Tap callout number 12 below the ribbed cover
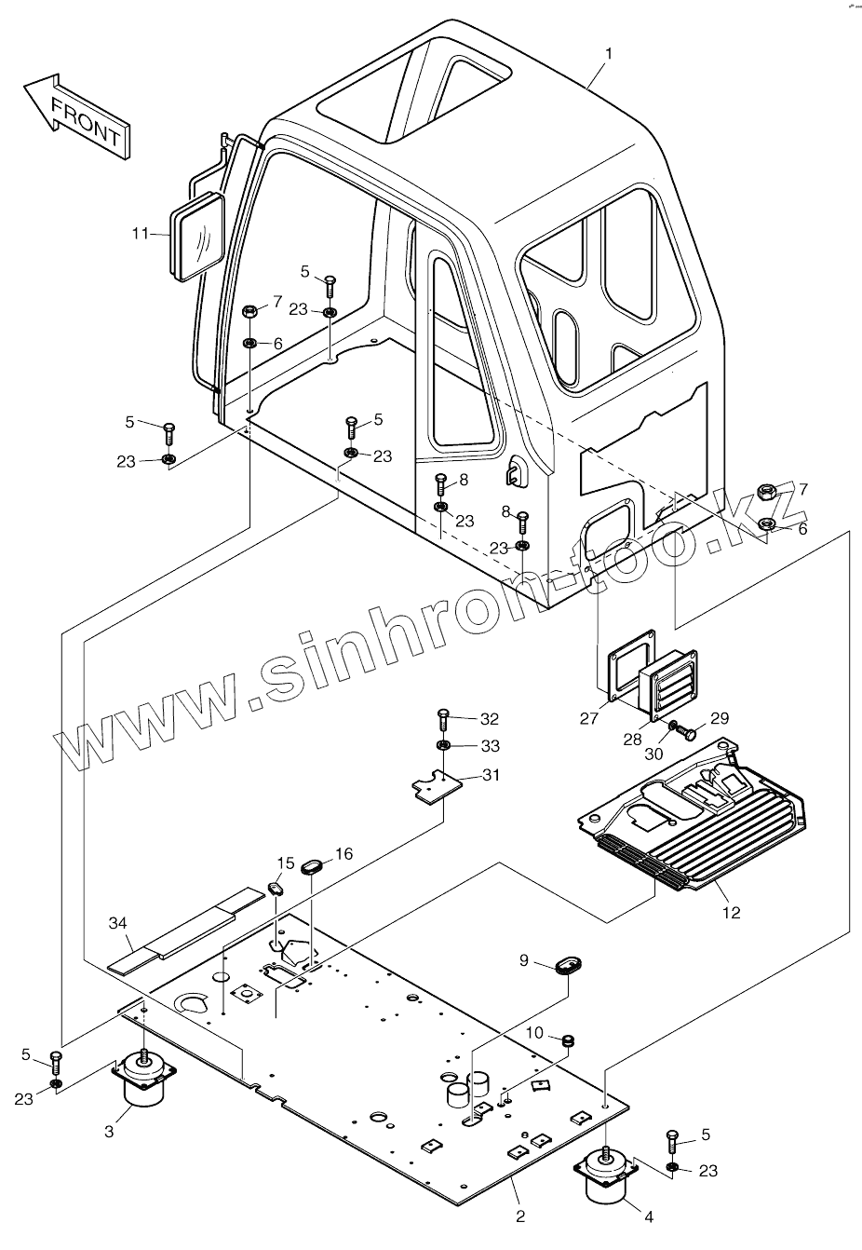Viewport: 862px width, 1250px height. click(731, 913)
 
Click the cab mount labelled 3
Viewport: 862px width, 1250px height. click(142, 1081)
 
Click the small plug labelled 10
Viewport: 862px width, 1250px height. click(565, 1039)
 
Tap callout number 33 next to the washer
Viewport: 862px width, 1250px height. click(490, 746)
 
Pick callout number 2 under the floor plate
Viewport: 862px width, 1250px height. click(520, 1216)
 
